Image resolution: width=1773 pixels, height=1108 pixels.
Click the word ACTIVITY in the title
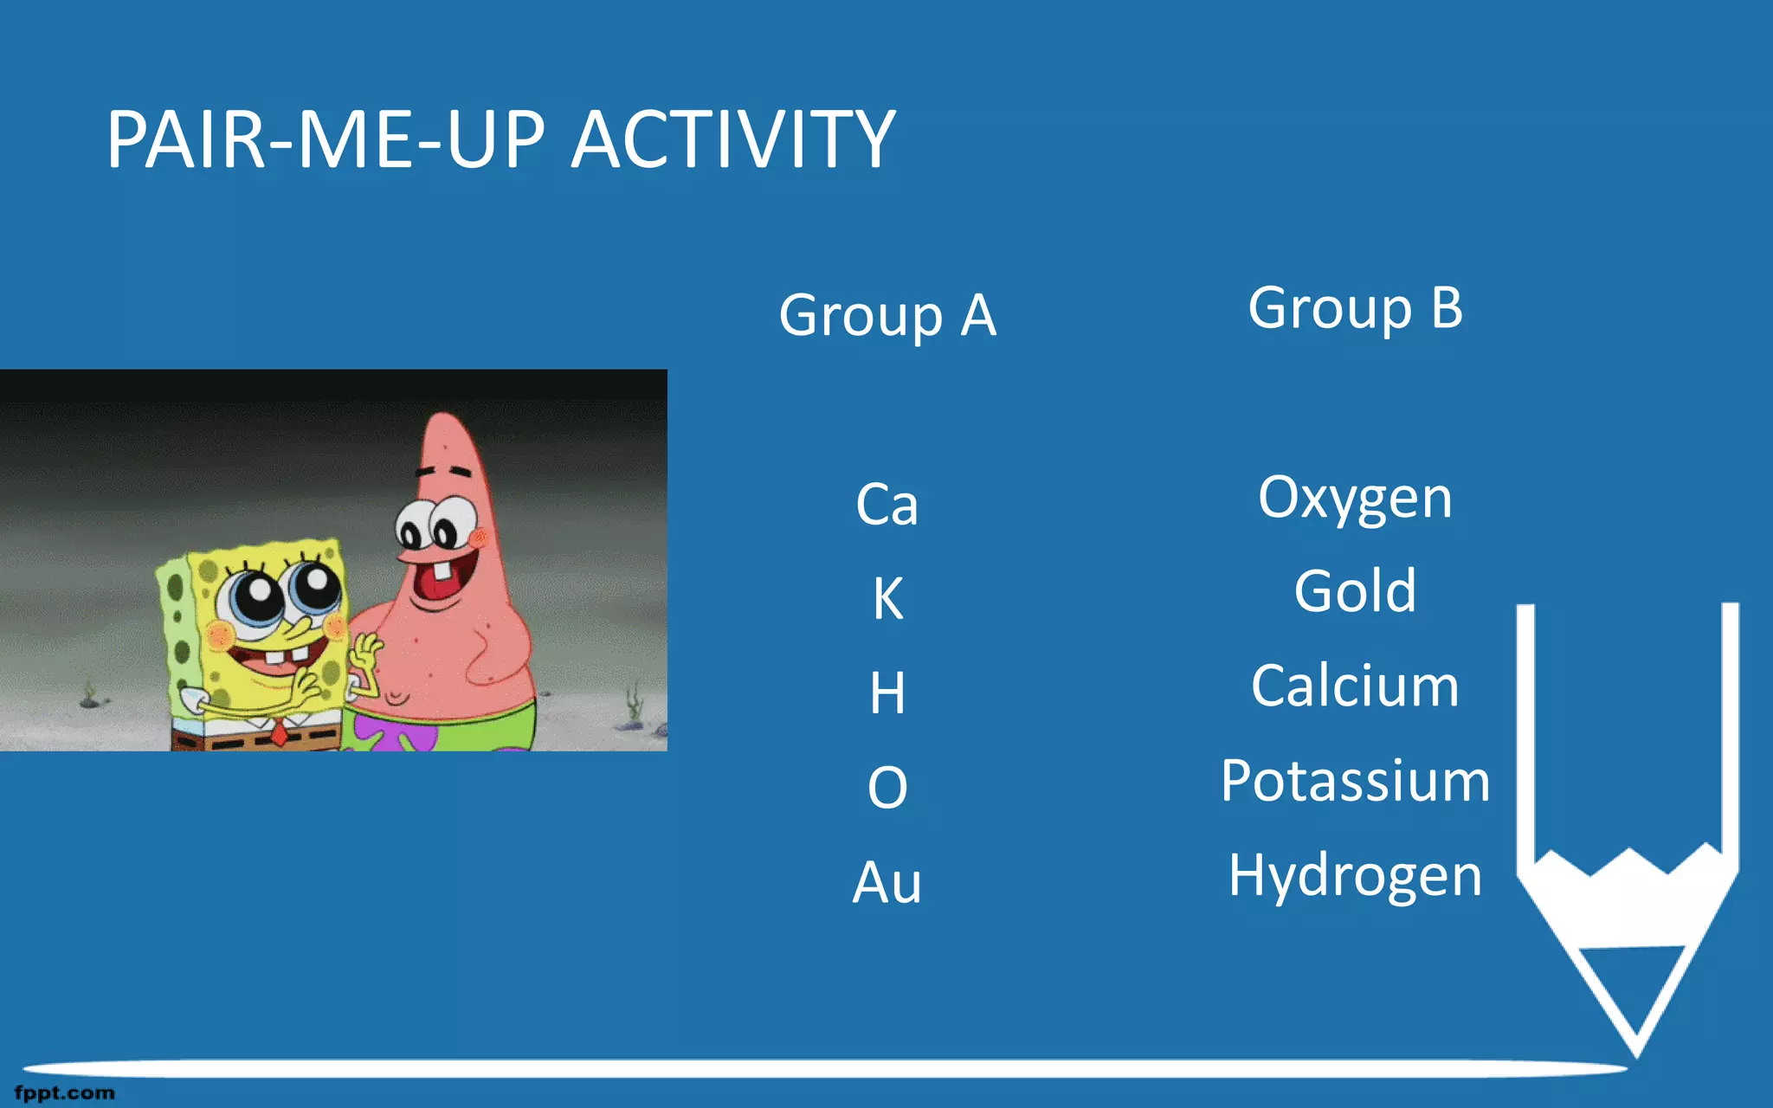point(733,139)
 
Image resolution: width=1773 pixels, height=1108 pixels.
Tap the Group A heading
point(887,315)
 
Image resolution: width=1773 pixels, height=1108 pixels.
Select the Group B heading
point(1355,308)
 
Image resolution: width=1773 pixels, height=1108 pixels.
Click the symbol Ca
point(886,505)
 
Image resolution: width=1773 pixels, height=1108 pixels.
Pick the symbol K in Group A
point(887,598)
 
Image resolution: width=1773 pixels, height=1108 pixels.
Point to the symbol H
point(887,693)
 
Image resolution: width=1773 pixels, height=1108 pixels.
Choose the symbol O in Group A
point(887,788)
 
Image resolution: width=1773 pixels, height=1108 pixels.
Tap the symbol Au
point(886,883)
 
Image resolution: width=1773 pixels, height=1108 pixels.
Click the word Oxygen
point(1355,499)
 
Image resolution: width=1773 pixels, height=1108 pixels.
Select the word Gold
point(1355,592)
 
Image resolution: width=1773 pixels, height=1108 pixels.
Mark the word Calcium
point(1355,686)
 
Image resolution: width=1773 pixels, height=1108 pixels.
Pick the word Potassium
point(1355,781)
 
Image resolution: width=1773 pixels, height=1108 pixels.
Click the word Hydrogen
point(1355,875)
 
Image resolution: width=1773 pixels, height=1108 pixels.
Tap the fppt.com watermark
point(65,1092)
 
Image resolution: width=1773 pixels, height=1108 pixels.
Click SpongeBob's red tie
point(279,734)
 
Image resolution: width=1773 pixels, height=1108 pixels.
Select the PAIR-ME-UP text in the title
point(326,139)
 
